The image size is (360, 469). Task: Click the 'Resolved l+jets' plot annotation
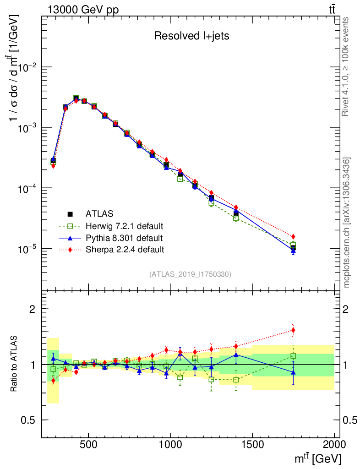tap(191, 36)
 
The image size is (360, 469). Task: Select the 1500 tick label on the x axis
tap(252, 445)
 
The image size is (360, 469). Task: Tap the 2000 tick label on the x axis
tap(334, 445)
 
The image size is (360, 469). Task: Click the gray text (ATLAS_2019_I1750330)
tap(190, 274)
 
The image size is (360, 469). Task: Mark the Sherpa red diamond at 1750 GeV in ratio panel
tap(293, 330)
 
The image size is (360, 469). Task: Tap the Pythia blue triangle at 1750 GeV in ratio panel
tap(293, 372)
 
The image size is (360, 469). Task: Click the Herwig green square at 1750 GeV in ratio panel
tap(293, 356)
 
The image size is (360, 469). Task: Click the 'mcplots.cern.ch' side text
tap(346, 222)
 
